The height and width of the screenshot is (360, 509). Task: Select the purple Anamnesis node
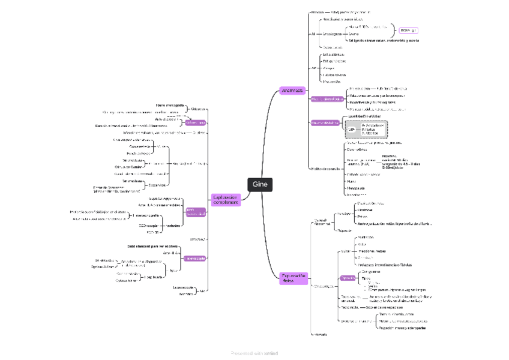pyautogui.click(x=293, y=91)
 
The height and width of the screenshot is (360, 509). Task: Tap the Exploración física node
pyautogui.click(x=294, y=278)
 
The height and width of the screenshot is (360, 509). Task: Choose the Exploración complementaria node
pyautogui.click(x=226, y=199)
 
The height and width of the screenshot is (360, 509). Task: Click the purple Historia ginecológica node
pyautogui.click(x=327, y=98)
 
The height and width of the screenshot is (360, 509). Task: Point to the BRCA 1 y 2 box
pyautogui.click(x=409, y=30)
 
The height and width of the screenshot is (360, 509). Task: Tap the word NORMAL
pyautogui.click(x=390, y=155)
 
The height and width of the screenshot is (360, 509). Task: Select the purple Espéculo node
pyautogui.click(x=347, y=278)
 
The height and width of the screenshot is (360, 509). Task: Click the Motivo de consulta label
pyautogui.click(x=325, y=169)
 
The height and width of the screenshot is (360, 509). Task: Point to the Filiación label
pyautogui.click(x=318, y=12)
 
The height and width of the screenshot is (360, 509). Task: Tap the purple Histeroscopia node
pyautogui.click(x=196, y=258)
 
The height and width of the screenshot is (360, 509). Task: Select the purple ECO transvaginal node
pyautogui.click(x=196, y=212)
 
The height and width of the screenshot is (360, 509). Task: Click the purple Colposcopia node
pyautogui.click(x=196, y=122)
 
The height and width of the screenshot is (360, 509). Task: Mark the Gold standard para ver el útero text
pyautogui.click(x=153, y=246)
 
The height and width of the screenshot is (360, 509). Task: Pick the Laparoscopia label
pyautogui.click(x=182, y=287)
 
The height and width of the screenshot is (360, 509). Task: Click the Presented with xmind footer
pyautogui.click(x=254, y=353)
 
